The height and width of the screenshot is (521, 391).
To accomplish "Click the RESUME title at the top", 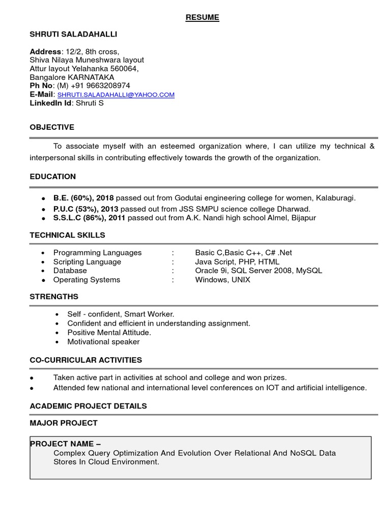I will [202, 17].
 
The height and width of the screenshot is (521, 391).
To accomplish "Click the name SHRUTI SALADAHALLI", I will [73, 34].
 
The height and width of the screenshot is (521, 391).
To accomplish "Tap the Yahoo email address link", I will [116, 95].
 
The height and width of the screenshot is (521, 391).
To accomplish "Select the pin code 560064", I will [125, 68].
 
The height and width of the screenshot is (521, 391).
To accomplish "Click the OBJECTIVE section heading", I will [52, 127].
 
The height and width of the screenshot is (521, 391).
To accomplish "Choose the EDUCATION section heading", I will [53, 177].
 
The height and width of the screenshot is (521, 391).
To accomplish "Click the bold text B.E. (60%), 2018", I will [83, 198].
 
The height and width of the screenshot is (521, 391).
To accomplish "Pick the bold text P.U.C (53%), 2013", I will [86, 209].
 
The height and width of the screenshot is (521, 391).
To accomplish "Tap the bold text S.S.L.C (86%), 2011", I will [89, 218].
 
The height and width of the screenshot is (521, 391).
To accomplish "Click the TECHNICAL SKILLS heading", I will [68, 235].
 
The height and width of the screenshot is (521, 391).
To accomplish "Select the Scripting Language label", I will [87, 262].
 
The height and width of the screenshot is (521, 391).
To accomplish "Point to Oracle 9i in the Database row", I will [211, 271].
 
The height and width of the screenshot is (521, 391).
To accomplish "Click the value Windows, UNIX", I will [222, 280].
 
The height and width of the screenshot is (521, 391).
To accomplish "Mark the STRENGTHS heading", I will [54, 296].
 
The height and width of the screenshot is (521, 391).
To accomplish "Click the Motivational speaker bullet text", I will [103, 342].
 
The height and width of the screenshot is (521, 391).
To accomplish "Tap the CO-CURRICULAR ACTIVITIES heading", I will [86, 360].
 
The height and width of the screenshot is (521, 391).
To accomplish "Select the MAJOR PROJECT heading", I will [64, 423].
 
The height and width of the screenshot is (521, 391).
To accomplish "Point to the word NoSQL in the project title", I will [302, 453].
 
